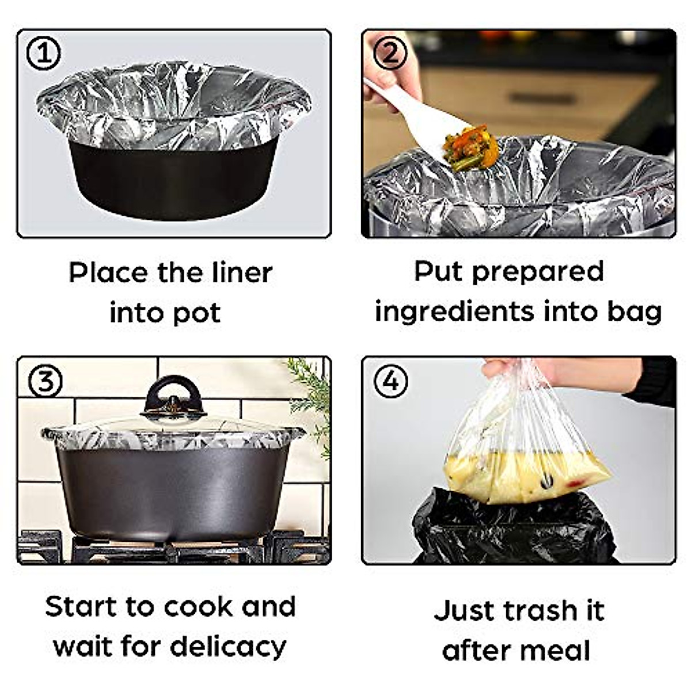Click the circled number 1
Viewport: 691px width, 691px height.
(x=44, y=54)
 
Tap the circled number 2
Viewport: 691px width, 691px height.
(x=390, y=54)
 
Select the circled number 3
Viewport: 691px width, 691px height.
(x=44, y=381)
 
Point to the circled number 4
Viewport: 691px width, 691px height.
(x=390, y=381)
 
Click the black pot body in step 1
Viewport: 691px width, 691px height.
(x=173, y=179)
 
